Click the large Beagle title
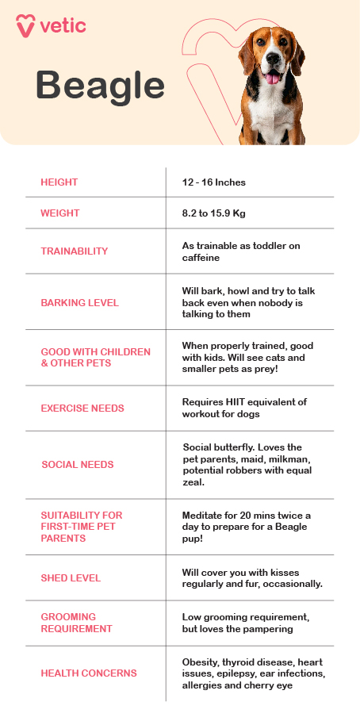point(100,85)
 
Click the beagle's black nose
point(274,59)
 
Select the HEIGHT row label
point(59,182)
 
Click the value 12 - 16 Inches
point(214,182)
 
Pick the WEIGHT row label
point(60,213)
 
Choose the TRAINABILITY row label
point(75,251)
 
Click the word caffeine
point(201,258)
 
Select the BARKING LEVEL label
point(80,302)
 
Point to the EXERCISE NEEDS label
point(82,409)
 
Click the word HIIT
point(237,402)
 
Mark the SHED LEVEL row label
point(71,578)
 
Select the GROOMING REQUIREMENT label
point(76,623)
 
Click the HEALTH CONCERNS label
point(89,673)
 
